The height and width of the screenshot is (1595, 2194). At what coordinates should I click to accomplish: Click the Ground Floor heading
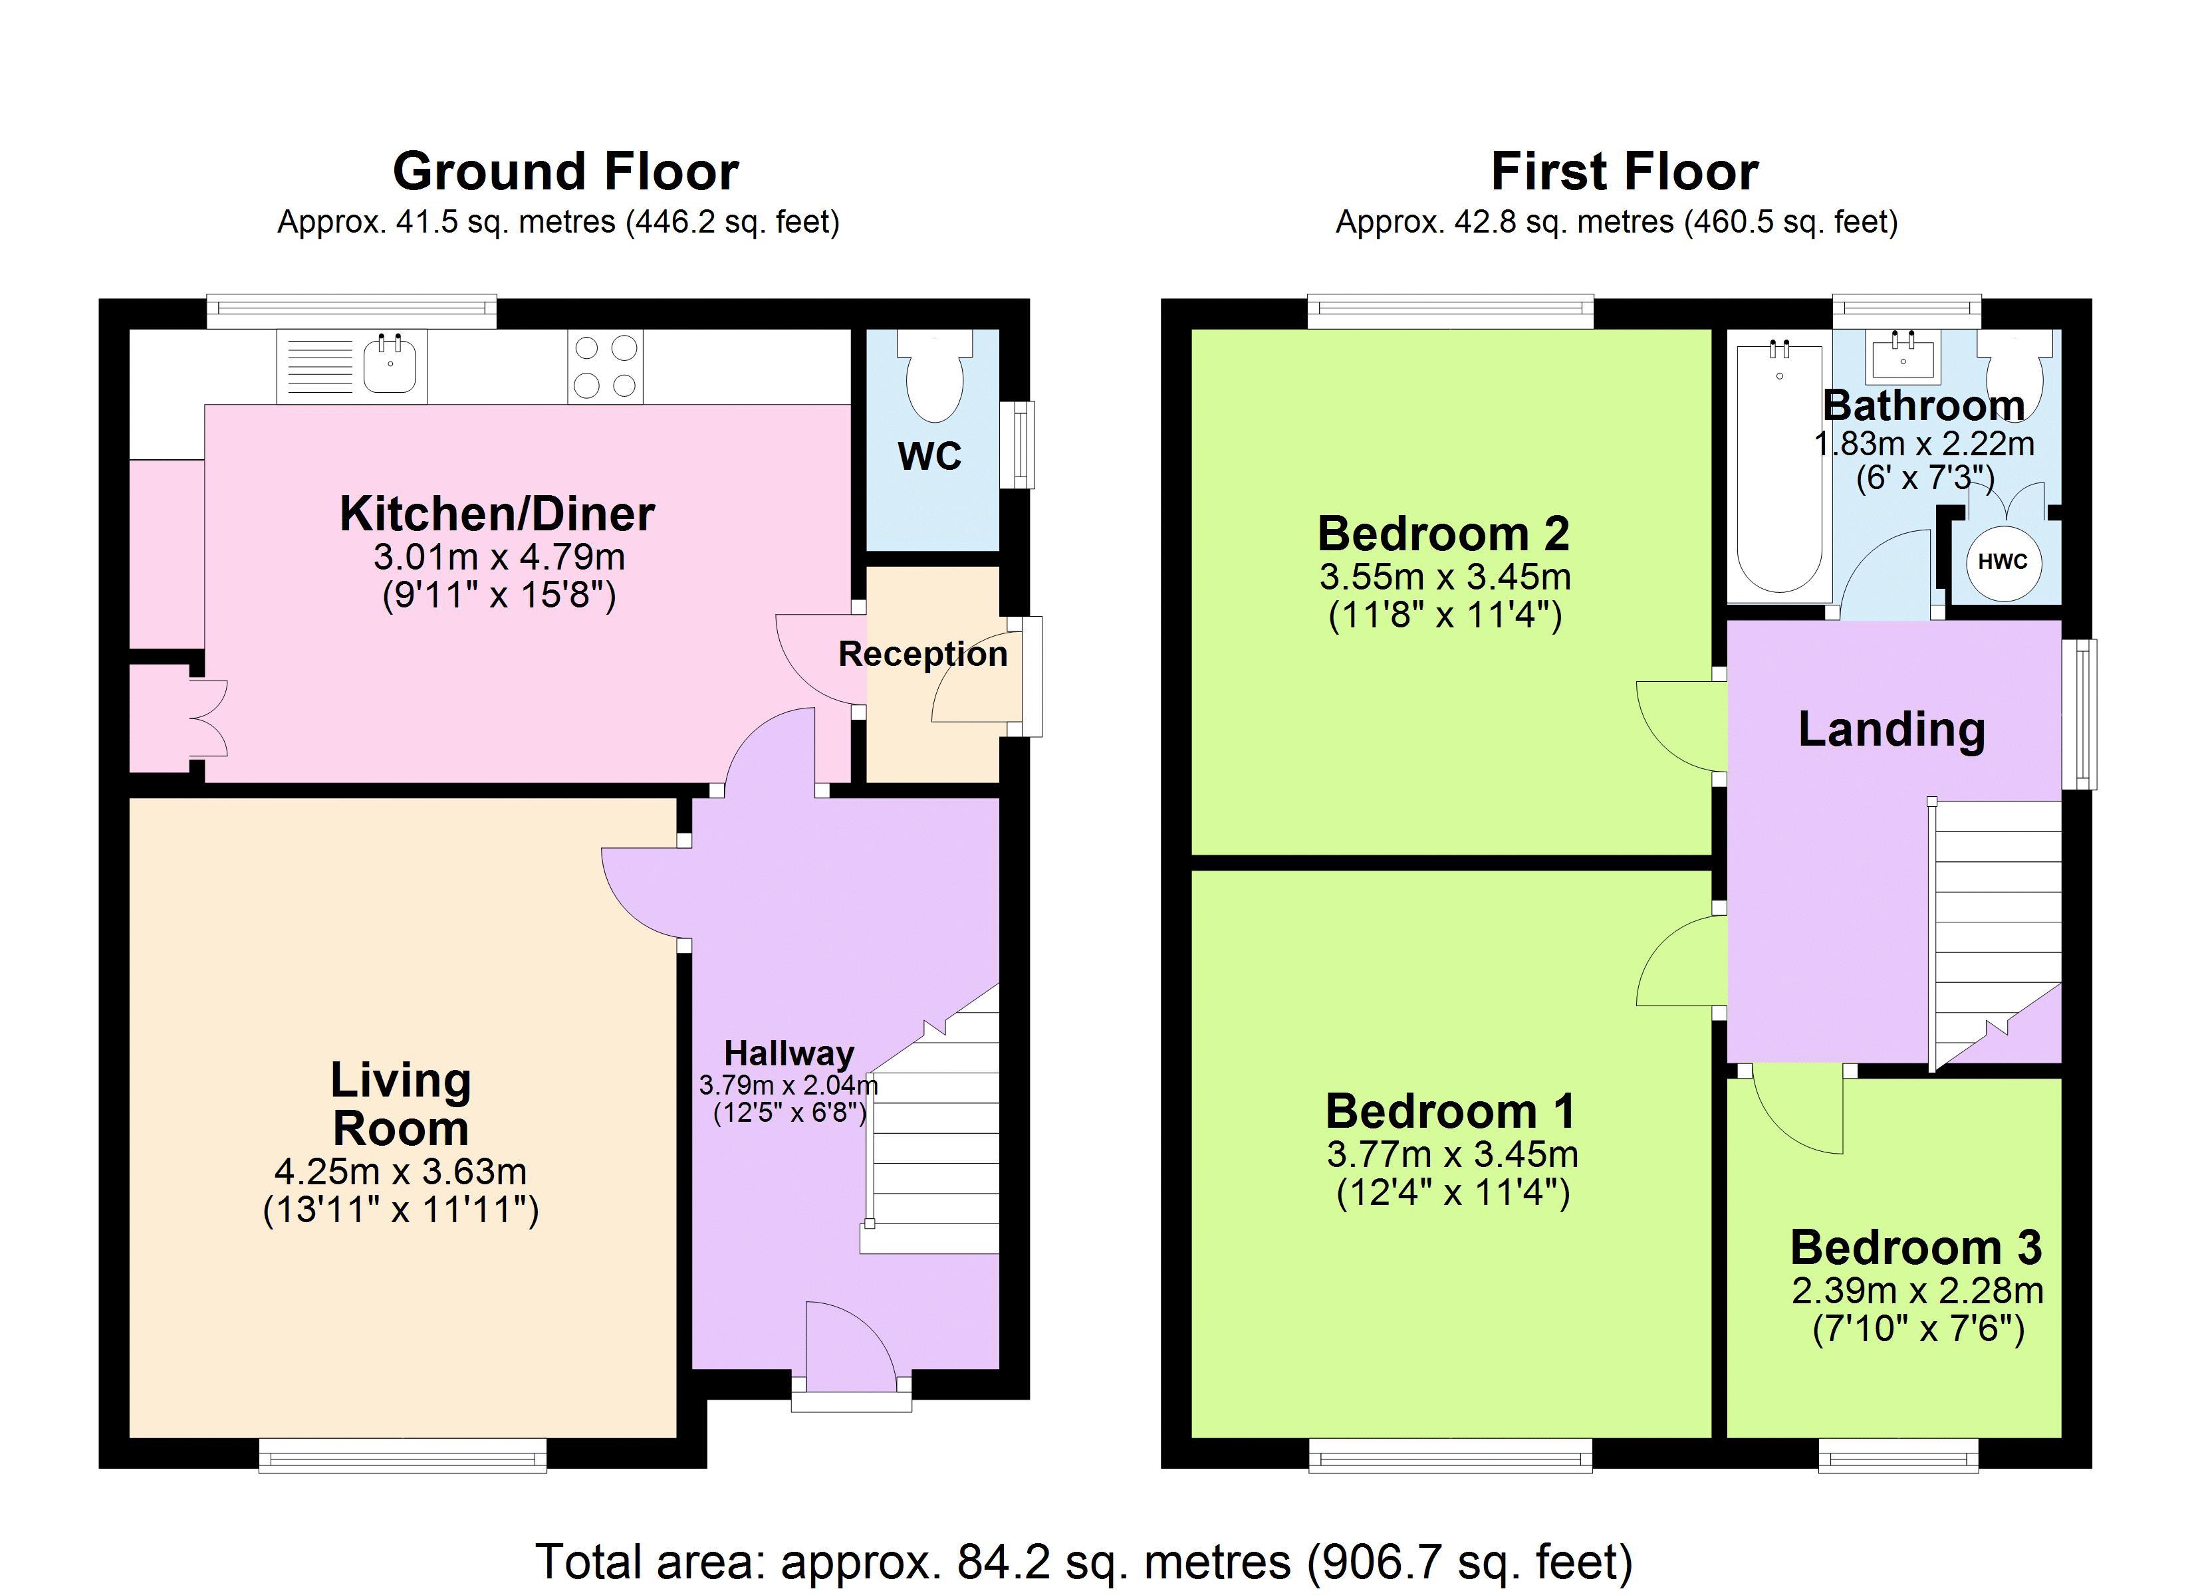pos(566,172)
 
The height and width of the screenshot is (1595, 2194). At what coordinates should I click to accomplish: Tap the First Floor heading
pos(1624,172)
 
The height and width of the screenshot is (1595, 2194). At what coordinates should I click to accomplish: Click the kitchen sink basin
pos(391,365)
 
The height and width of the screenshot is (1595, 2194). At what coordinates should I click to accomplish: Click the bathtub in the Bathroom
pos(1780,465)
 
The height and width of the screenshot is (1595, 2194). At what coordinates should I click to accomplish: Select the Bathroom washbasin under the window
pos(1903,356)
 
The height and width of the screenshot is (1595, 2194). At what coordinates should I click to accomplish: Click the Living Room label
pos(400,1104)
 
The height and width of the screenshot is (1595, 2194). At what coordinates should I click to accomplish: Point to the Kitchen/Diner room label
pos(497,514)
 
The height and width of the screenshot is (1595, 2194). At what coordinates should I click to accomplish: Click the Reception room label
pos(923,654)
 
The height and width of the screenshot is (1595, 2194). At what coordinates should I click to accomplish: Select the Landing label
pos(1891,729)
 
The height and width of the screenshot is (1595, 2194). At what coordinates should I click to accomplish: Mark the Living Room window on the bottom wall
pos(402,1455)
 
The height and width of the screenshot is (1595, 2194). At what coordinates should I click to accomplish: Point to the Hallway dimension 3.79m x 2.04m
pos(789,1085)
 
